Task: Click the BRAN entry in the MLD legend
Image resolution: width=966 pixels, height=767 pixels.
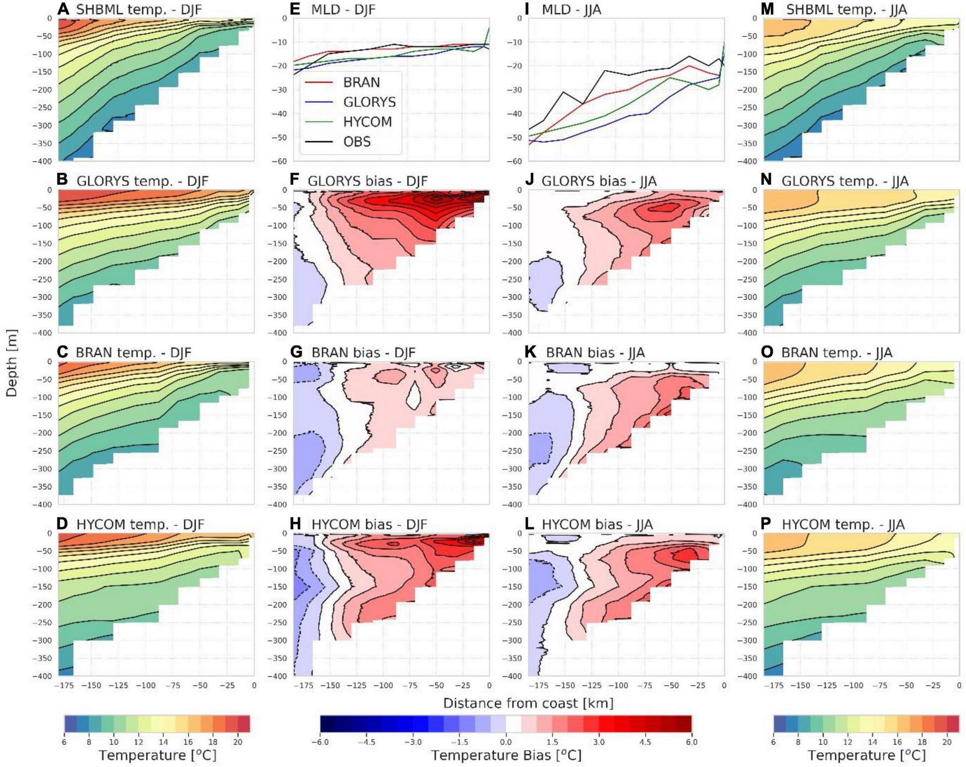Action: point(361,82)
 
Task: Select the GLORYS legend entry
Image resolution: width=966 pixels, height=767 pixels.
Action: point(369,102)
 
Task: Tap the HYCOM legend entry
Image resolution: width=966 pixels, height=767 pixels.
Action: point(367,121)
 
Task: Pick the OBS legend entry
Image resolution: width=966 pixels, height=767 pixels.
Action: point(357,142)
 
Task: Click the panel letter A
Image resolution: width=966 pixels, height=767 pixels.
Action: point(63,9)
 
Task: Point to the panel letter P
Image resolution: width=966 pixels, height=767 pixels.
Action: point(766,524)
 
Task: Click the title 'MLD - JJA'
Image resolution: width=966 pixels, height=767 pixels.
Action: point(571,10)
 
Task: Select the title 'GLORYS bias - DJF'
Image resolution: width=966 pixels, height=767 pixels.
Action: point(367,181)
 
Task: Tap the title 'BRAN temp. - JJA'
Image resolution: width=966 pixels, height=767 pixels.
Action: point(836,353)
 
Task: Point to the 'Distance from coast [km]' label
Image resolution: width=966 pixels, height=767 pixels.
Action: point(528,703)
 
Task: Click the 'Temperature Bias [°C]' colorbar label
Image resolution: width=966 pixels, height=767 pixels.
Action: point(506,755)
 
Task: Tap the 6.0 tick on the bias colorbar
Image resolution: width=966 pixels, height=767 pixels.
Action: point(691,741)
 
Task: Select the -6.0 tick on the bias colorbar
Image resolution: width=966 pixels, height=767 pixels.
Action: point(321,741)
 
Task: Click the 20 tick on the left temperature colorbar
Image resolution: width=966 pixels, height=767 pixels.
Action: point(238,741)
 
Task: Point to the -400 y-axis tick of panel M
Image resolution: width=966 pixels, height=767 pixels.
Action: point(748,161)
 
